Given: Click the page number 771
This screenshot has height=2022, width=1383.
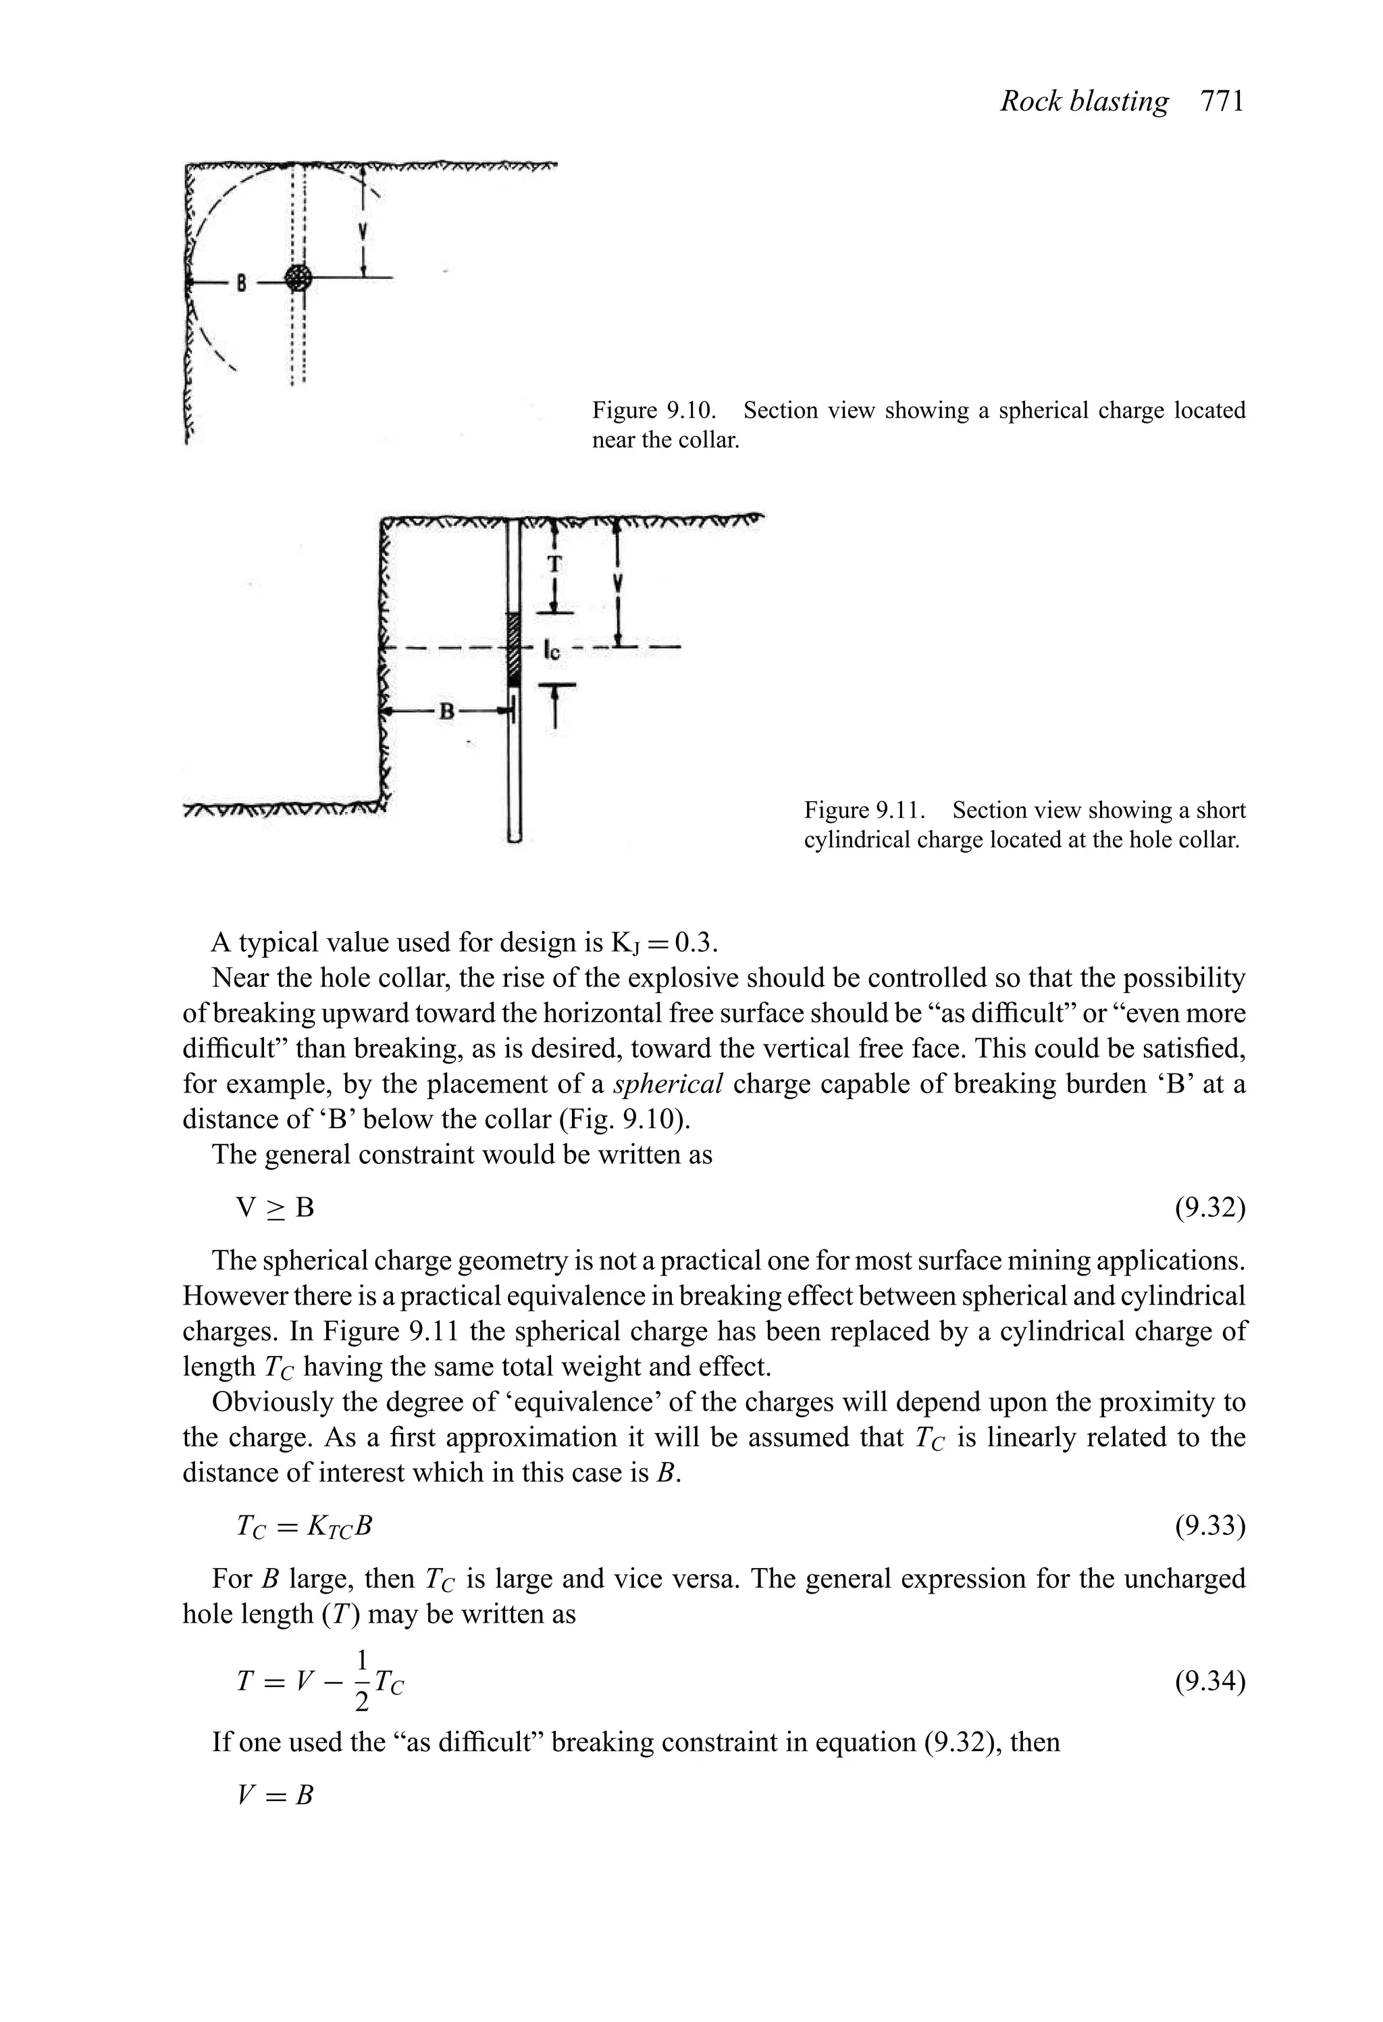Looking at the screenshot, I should (x=1222, y=102).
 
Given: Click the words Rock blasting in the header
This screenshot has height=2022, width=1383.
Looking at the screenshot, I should (x=1084, y=102).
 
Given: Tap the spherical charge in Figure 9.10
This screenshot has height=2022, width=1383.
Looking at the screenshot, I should (x=298, y=278).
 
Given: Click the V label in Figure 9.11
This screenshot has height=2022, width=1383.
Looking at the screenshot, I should (x=618, y=582).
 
